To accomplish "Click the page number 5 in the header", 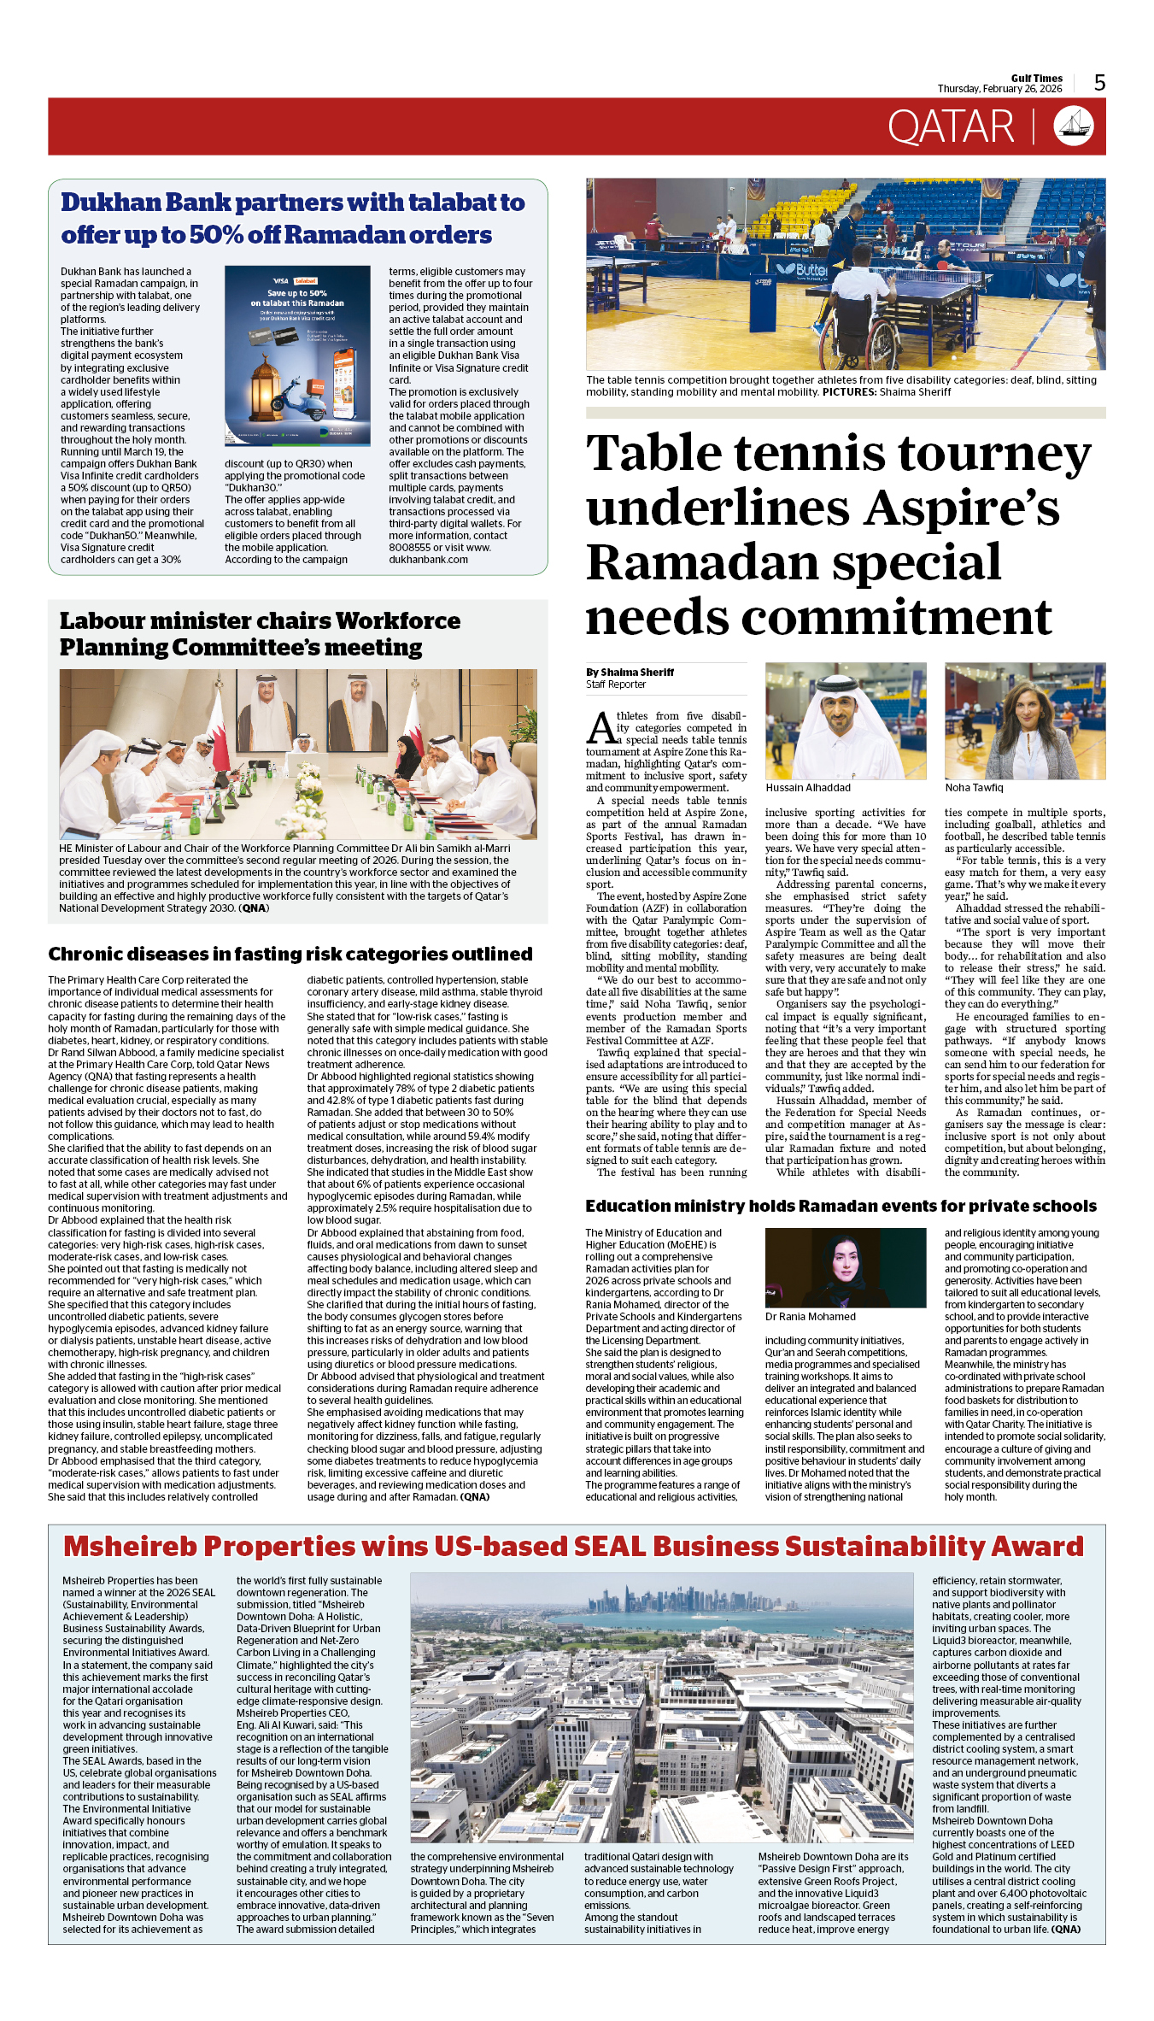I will click(x=1099, y=83).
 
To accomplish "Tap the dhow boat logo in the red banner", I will click(x=1073, y=126).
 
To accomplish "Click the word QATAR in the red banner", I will click(x=950, y=127).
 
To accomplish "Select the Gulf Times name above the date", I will click(x=1036, y=78).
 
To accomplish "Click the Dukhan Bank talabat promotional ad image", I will click(x=297, y=355).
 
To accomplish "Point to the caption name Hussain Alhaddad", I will click(x=808, y=787).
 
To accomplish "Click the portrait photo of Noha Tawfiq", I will click(x=1024, y=721).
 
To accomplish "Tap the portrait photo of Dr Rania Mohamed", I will click(x=845, y=1267).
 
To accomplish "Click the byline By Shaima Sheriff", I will click(x=630, y=672).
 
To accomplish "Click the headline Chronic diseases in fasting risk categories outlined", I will click(x=290, y=954).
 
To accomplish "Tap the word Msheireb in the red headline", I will click(x=131, y=1547).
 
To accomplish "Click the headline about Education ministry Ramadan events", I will click(x=841, y=1206).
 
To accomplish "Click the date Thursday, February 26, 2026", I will click(x=999, y=89).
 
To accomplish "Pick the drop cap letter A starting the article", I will click(x=600, y=728).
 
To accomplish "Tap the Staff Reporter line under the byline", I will click(x=616, y=684).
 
